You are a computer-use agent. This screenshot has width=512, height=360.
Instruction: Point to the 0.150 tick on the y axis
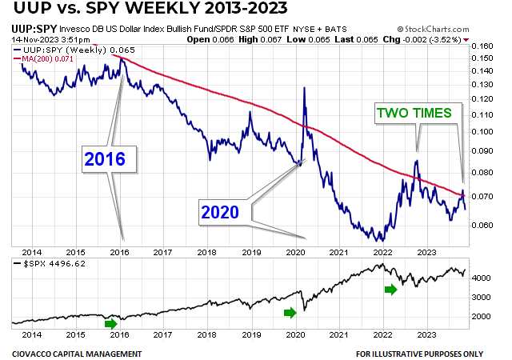tap(482, 46)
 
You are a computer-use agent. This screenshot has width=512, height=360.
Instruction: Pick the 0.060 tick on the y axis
tap(482, 225)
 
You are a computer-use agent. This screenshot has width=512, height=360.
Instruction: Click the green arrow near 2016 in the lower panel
tap(111, 324)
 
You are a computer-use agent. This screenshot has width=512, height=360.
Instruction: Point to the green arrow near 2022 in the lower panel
tap(390, 289)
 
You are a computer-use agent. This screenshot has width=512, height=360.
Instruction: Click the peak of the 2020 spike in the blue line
tap(304, 87)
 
